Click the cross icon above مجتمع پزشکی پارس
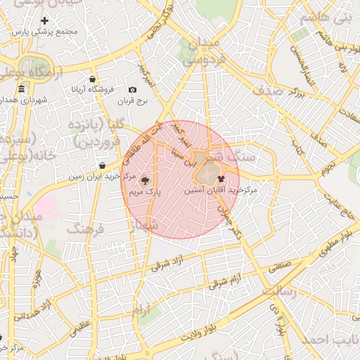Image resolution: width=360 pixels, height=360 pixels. coord(46,21)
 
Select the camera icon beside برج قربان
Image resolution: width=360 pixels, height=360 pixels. coord(132,89)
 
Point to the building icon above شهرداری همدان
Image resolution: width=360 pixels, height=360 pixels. coord(22,89)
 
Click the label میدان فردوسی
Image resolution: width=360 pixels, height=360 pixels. coord(205,52)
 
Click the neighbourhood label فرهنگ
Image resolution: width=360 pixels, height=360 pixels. coord(85,229)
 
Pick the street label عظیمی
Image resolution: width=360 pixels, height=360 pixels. coord(82,324)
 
